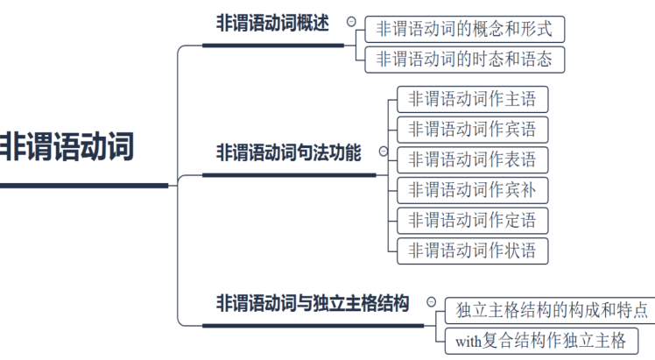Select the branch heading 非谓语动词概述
(x=272, y=24)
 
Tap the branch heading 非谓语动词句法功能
(x=288, y=152)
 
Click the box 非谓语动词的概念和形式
(x=464, y=29)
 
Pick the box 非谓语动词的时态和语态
(x=464, y=60)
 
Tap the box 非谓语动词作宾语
(x=472, y=130)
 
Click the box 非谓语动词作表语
(x=472, y=160)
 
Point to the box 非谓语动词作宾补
(x=472, y=189)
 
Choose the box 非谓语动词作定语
(x=472, y=220)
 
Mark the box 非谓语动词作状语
(x=472, y=250)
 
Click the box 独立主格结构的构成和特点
(x=552, y=309)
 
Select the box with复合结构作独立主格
(x=541, y=340)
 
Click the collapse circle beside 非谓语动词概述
(x=351, y=22)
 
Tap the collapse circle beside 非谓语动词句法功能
(x=383, y=151)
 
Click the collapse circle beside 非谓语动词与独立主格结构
(x=430, y=301)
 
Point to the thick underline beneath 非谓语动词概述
(x=272, y=45)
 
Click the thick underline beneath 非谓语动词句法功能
(x=289, y=174)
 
